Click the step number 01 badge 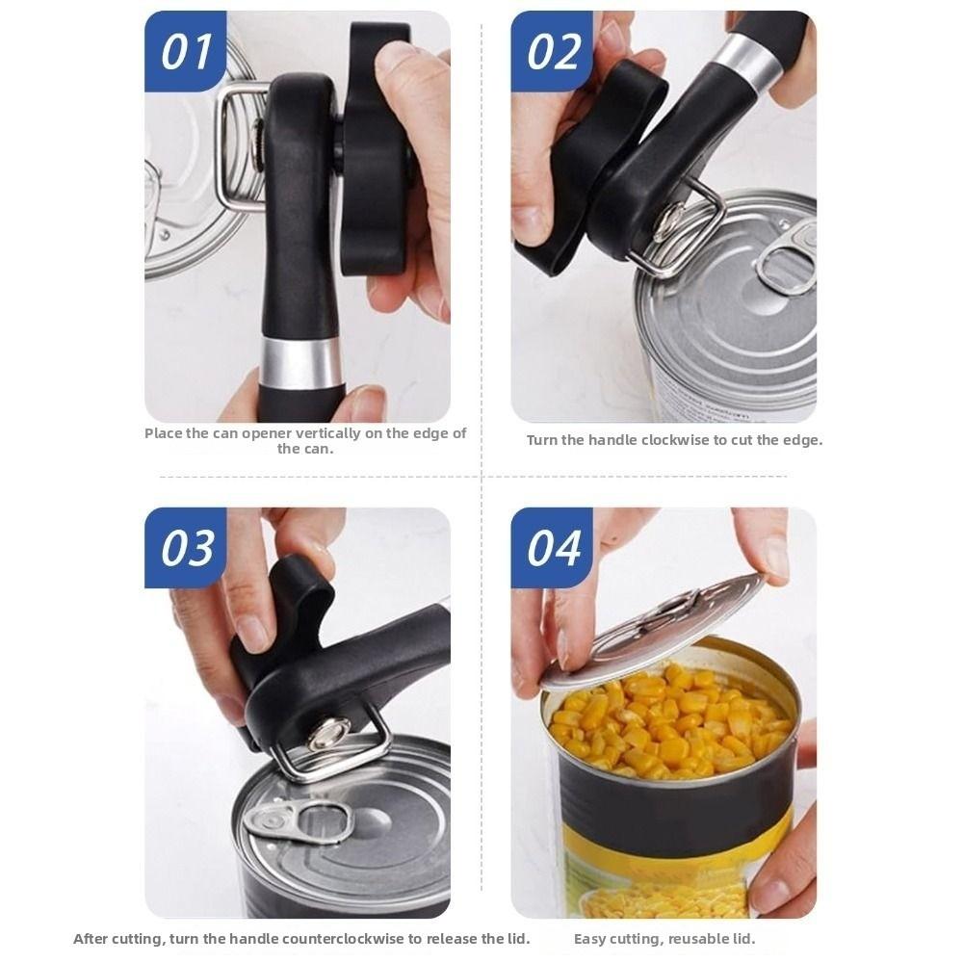185,51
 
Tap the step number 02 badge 552,51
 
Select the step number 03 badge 185,547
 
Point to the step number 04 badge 552,547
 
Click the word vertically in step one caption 335,433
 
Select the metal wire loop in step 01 236,144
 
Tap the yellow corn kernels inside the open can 664,722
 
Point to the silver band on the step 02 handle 750,60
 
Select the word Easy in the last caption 591,939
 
